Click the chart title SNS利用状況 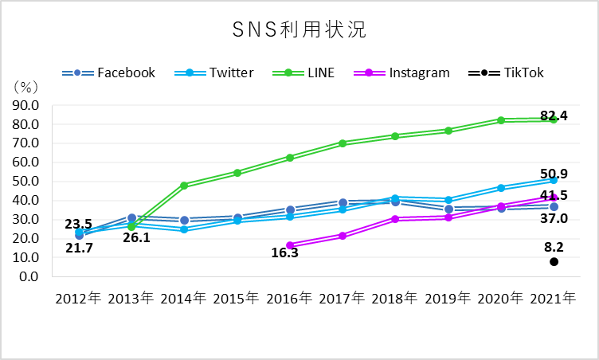tap(299, 30)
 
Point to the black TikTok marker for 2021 tap(554, 261)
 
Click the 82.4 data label tap(554, 116)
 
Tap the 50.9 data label tap(554, 173)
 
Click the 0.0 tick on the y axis tap(30, 277)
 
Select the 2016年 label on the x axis tap(289, 299)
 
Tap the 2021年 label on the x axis tap(554, 299)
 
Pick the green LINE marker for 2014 tap(184, 186)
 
